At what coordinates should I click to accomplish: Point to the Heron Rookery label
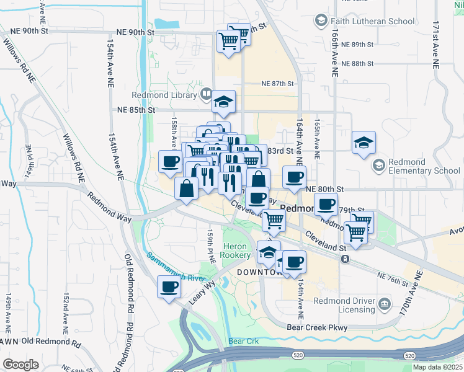point(237,251)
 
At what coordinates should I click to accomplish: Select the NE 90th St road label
point(136,32)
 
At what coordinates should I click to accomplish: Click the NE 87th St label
point(277,83)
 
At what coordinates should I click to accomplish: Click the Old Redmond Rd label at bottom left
point(51,342)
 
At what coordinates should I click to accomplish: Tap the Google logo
point(20,365)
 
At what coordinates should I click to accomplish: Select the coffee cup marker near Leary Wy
point(169,287)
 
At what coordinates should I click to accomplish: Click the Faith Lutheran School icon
point(321,21)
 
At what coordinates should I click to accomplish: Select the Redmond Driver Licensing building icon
point(385,303)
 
